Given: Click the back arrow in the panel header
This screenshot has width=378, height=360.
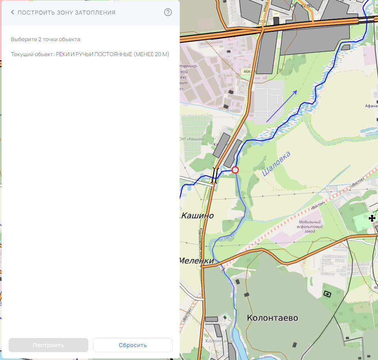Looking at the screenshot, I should coord(13,13).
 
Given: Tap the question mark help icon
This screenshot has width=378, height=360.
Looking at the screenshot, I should coord(168,12).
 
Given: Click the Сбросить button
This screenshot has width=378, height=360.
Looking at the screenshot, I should coord(133,345).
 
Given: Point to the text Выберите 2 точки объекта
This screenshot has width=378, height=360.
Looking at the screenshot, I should coord(46,39).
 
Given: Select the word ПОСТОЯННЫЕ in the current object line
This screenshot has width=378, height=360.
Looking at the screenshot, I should coord(113,54).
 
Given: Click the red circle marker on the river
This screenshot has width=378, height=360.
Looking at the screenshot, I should coord(235,170).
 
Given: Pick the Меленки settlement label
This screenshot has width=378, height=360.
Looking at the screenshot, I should coord(197,261).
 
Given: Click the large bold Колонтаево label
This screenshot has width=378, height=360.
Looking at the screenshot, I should coord(272,318).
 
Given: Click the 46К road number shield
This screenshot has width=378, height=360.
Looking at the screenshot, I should coord(247,71).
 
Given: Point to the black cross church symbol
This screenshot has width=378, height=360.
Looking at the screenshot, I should coord(372,218).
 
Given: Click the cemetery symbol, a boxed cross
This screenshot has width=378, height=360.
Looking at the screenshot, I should coord(327,294).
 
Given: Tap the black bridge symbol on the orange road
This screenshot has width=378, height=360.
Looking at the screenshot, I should coord(215,173).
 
